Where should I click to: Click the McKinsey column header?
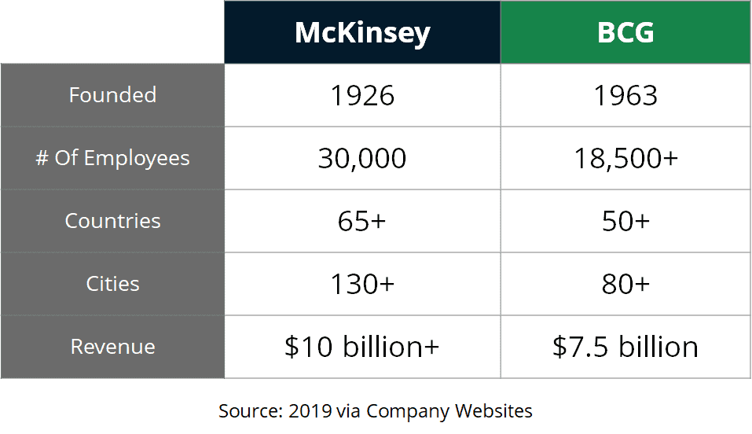[362, 32]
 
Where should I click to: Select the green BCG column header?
[625, 32]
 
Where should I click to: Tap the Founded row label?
[112, 95]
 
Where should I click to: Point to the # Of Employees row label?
[112, 158]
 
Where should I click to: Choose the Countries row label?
[112, 221]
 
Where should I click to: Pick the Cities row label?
[112, 284]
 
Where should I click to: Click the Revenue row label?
[112, 347]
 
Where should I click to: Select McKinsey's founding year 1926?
[362, 95]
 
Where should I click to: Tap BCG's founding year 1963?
[625, 95]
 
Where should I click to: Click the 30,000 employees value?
[362, 158]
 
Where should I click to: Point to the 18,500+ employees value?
[625, 158]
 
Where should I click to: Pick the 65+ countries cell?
[362, 221]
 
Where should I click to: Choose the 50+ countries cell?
[625, 221]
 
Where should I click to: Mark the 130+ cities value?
[362, 284]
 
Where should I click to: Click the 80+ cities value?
[625, 284]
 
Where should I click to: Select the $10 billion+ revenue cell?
[362, 347]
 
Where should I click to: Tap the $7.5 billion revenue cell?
[625, 347]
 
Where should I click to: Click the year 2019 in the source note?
[310, 410]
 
